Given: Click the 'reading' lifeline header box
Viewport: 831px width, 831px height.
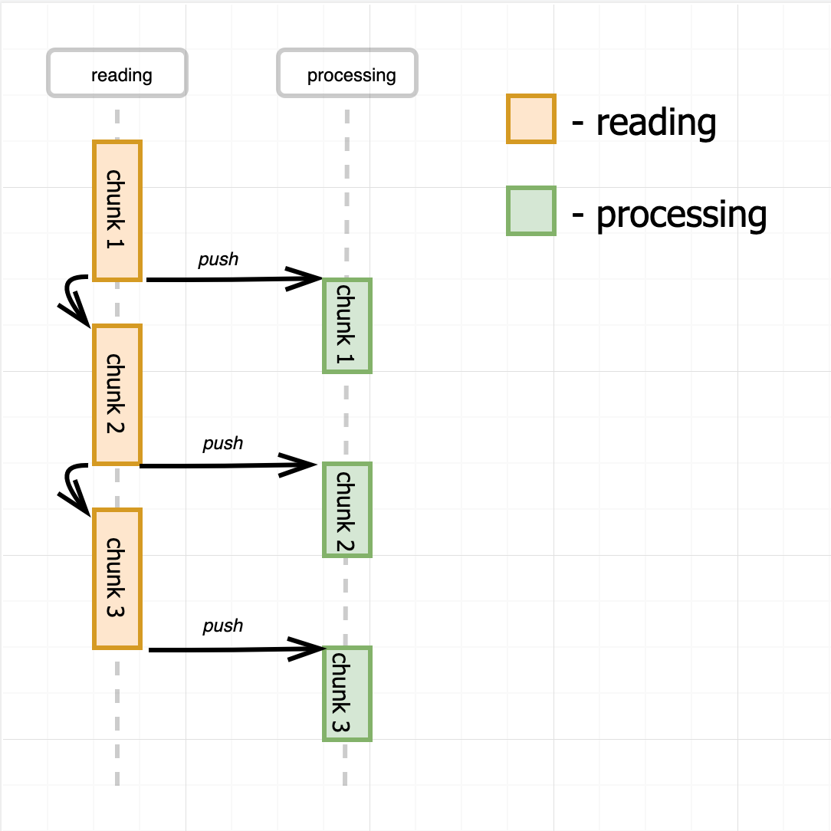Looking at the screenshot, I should tap(117, 74).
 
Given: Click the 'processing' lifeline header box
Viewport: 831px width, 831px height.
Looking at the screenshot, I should tap(347, 74).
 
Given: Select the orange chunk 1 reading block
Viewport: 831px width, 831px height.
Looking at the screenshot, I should tap(117, 210).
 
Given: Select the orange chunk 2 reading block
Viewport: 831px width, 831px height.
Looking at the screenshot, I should tap(117, 394).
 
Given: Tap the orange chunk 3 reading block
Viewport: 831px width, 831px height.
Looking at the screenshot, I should tap(117, 578).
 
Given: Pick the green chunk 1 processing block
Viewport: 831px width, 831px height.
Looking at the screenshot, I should tap(347, 326).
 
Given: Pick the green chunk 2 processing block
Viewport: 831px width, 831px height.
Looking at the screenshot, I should tap(347, 510).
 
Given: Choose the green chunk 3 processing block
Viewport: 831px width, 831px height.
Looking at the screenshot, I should tap(347, 694).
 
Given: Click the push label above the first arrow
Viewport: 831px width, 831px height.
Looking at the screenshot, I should tap(218, 260).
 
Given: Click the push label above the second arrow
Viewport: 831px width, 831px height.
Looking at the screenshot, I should tap(222, 444).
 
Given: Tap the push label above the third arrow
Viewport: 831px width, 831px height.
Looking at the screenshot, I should tap(222, 626).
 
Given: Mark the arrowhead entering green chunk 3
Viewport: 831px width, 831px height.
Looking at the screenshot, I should tap(310, 649).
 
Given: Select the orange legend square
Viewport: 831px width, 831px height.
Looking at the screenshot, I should tap(530, 119).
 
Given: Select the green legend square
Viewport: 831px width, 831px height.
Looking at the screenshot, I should tap(530, 210).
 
